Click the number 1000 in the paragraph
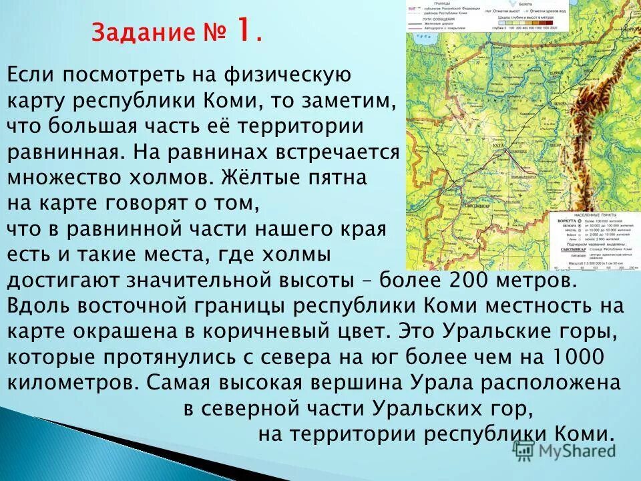(x=576, y=357)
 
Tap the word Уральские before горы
(x=505, y=331)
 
